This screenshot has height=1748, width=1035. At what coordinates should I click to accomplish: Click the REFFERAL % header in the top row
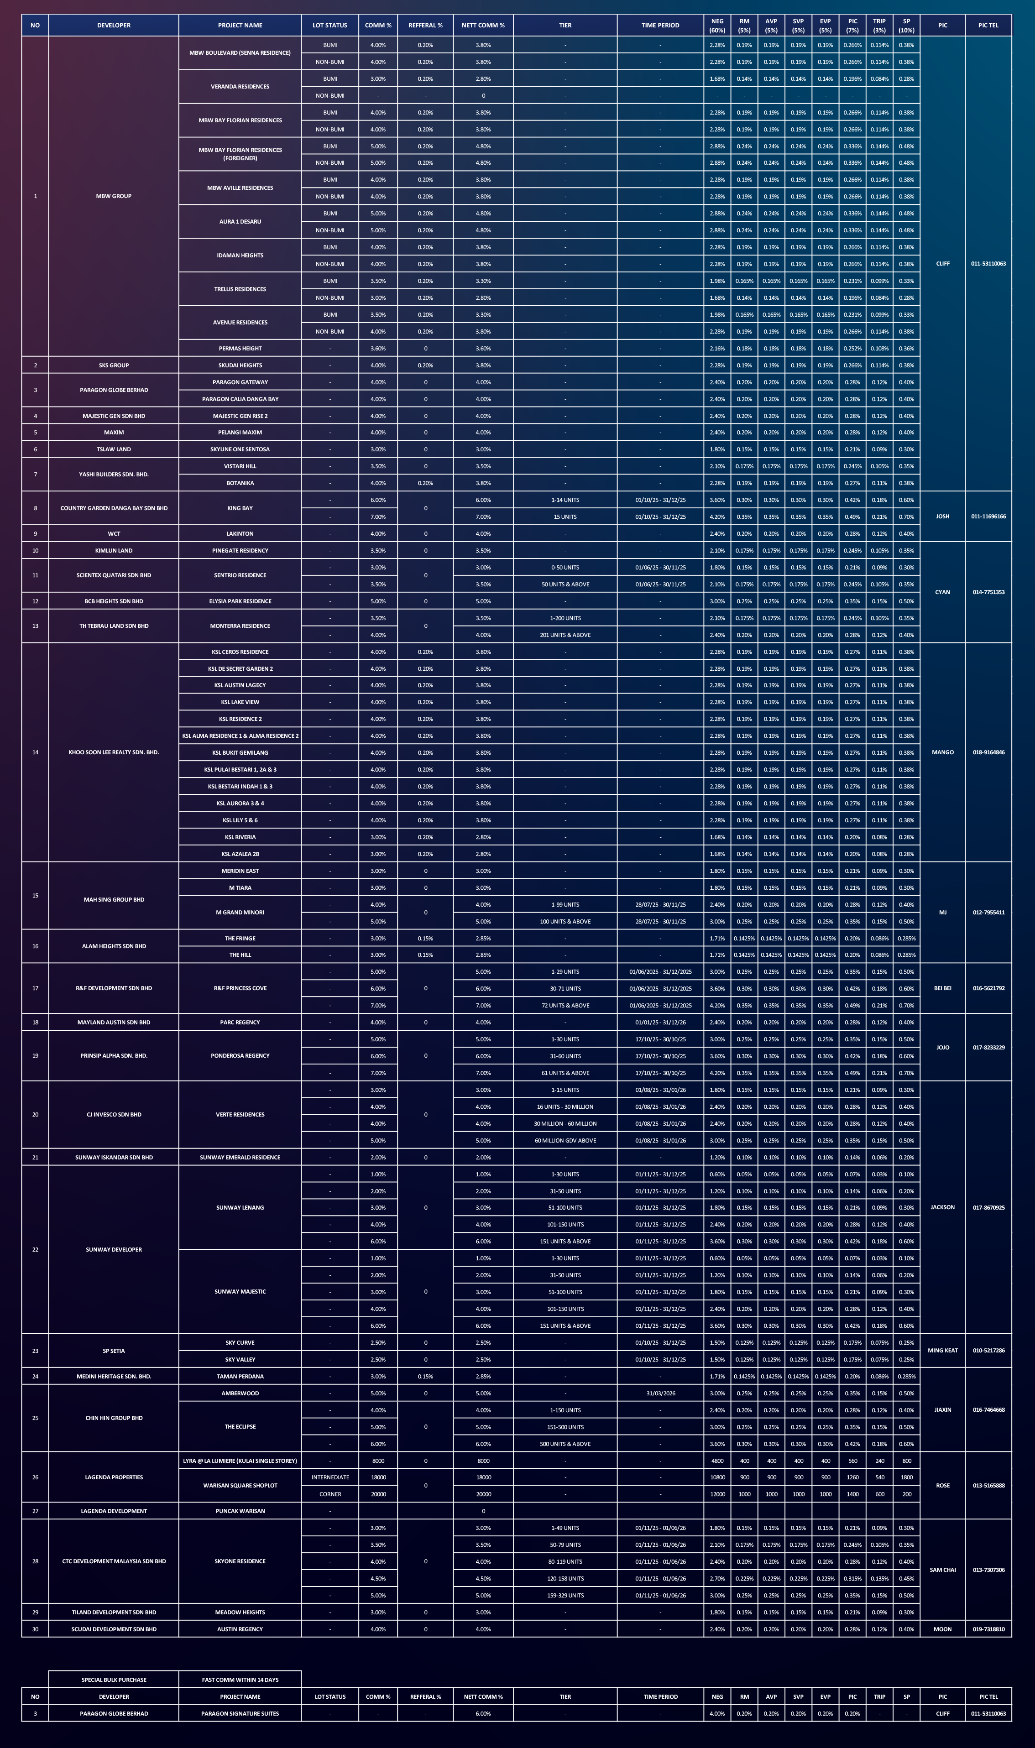point(425,25)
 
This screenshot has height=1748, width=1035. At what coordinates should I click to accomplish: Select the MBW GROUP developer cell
point(114,196)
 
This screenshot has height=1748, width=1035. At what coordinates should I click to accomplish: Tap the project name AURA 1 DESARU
point(240,222)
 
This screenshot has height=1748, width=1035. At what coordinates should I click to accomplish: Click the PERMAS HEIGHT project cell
point(240,348)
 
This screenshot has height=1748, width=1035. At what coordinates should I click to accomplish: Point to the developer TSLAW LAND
point(114,449)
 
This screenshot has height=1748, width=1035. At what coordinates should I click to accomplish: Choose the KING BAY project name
point(240,508)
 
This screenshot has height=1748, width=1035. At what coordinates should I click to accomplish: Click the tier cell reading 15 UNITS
point(565,517)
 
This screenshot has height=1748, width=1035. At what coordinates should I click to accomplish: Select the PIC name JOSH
point(942,517)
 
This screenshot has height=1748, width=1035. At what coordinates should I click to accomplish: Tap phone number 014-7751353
point(988,592)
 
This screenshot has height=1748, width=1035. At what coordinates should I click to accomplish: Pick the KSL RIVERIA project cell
point(240,837)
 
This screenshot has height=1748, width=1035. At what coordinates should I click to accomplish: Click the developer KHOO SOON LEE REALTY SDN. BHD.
point(114,752)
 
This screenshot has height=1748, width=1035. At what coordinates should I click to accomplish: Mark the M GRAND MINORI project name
point(240,912)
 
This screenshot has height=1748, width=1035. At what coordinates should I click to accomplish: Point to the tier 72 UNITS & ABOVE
point(565,1006)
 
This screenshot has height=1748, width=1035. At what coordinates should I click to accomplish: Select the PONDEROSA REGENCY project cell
point(240,1056)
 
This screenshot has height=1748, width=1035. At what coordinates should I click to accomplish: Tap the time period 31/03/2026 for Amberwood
point(660,1393)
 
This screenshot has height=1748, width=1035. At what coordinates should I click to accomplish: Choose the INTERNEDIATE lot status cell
point(330,1477)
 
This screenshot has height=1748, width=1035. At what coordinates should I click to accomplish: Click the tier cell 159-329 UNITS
point(565,1595)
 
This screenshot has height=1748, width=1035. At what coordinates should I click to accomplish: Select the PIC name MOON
point(942,1629)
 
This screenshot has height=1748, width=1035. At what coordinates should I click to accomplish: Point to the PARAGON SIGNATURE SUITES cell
point(240,1713)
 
